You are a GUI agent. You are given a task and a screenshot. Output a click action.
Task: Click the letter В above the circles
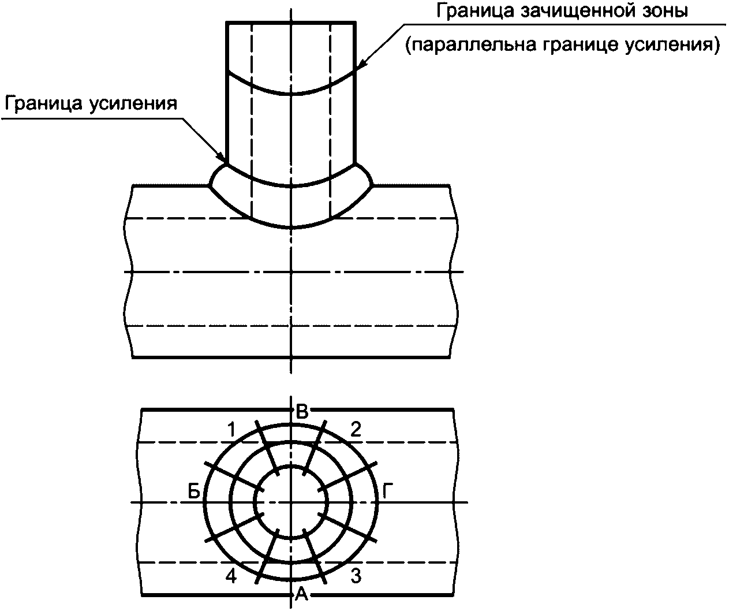coord(302,412)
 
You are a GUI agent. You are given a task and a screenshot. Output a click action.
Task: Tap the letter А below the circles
coord(302,593)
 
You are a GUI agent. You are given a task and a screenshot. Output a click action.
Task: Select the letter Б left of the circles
coord(194,492)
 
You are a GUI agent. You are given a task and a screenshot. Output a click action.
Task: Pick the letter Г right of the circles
coord(387,491)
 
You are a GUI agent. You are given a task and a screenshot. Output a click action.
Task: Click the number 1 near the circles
coord(231,430)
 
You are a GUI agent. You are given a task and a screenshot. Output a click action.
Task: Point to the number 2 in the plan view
coord(356,430)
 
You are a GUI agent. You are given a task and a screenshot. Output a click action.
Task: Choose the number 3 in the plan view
coord(356,576)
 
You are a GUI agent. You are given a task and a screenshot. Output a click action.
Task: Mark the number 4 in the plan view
coord(231,576)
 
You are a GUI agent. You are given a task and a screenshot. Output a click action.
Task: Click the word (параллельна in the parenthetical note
coord(470,46)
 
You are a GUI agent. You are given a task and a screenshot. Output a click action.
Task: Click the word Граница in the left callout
coord(44,104)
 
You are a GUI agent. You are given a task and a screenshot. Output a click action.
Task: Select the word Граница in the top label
coord(476,11)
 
